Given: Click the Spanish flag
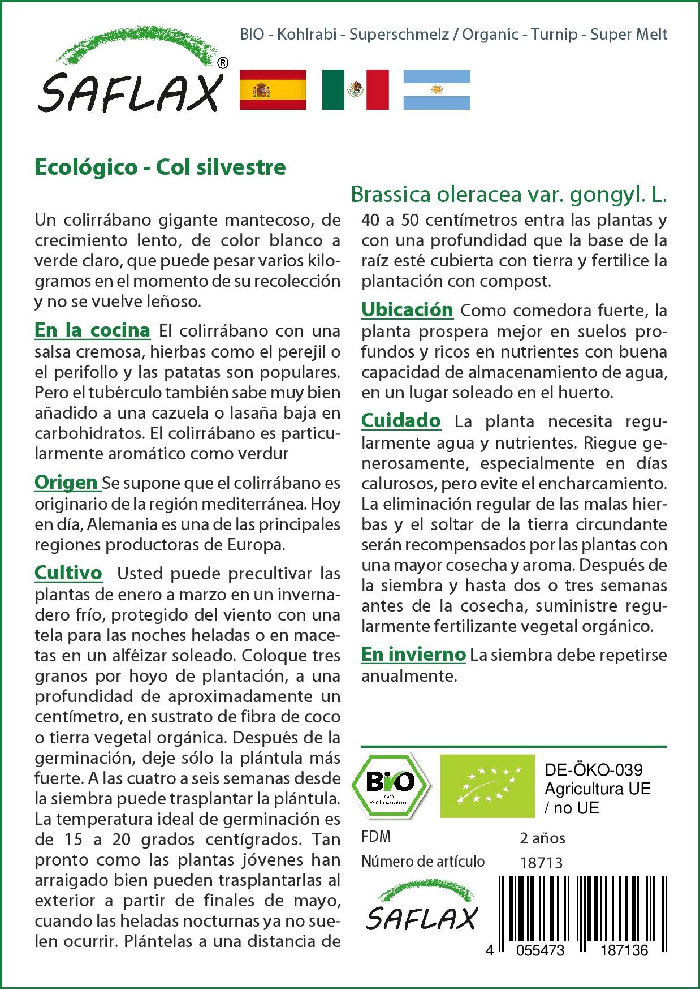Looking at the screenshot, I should pyautogui.click(x=273, y=89).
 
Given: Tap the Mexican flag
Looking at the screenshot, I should pyautogui.click(x=355, y=89).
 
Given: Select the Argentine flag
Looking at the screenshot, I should pyautogui.click(x=437, y=89).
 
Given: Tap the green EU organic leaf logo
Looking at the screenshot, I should pyautogui.click(x=487, y=785).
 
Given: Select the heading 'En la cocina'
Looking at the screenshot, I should pyautogui.click(x=92, y=330).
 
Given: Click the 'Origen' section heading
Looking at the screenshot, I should pyautogui.click(x=66, y=482).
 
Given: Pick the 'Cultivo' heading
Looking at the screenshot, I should pyautogui.click(x=68, y=573).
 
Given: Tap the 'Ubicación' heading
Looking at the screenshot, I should pyautogui.click(x=407, y=309).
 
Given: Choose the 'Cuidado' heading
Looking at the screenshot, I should pyautogui.click(x=401, y=420).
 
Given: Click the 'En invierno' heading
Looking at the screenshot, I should pyautogui.click(x=413, y=655).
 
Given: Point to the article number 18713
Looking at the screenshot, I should pyautogui.click(x=541, y=863).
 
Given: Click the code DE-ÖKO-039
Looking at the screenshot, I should pyautogui.click(x=593, y=770).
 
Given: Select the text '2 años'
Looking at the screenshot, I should pyautogui.click(x=542, y=838).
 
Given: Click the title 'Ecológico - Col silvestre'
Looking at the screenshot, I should pyautogui.click(x=160, y=167).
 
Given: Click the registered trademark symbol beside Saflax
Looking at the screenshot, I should pyautogui.click(x=223, y=63).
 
